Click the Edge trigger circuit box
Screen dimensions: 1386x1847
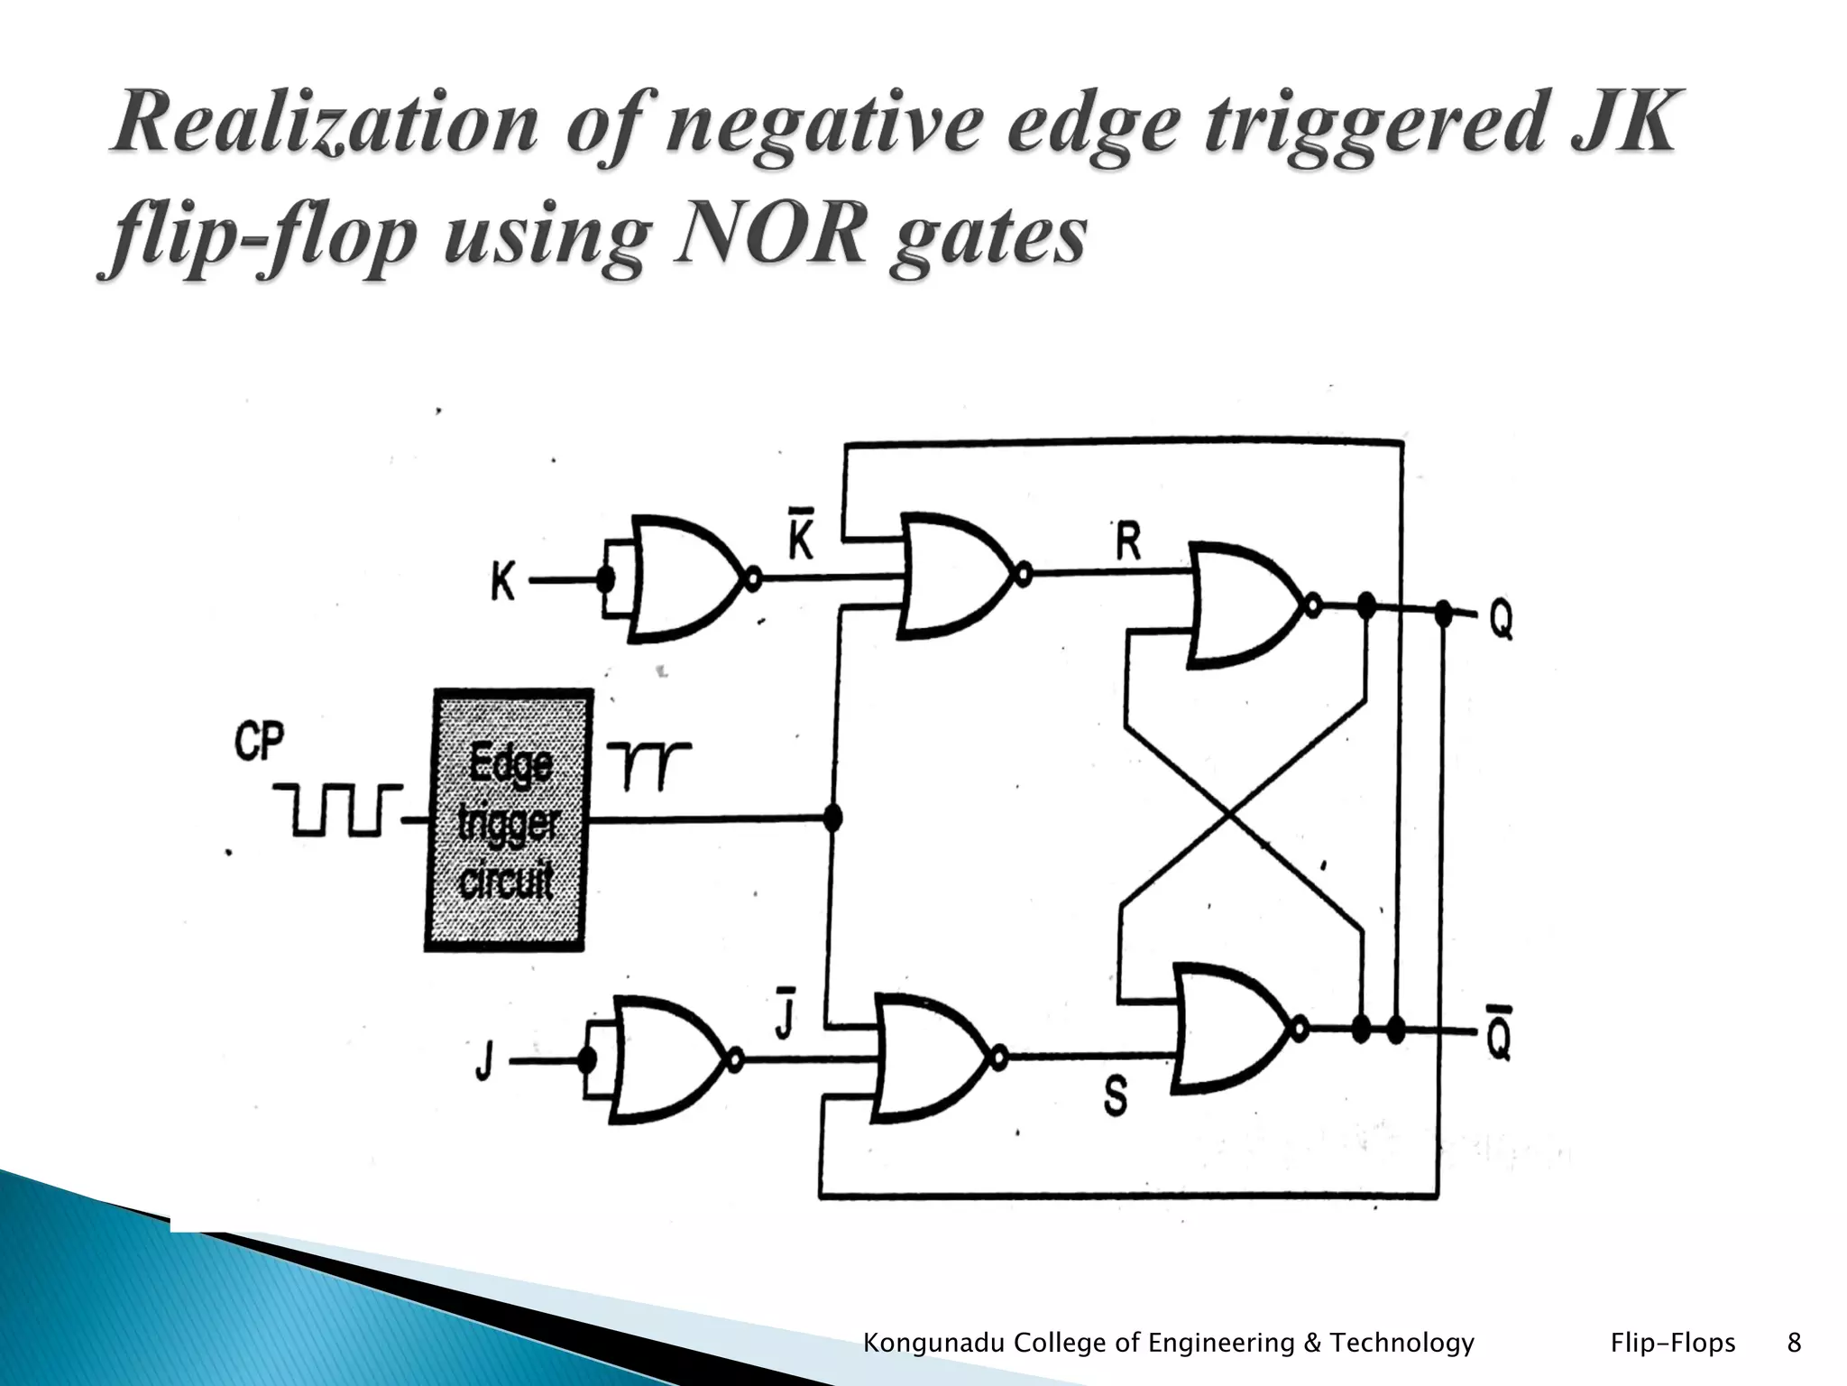coord(508,819)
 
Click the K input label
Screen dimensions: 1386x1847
coord(502,582)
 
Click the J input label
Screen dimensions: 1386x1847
coord(485,1062)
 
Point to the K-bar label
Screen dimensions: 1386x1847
coord(800,536)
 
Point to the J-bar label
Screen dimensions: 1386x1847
coord(785,1014)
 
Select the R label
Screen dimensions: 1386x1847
coord(1127,541)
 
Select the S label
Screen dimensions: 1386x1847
coord(1115,1097)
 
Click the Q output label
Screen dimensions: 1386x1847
coord(1501,620)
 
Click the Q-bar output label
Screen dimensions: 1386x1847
coord(1498,1038)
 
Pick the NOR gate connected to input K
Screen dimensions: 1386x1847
coord(685,579)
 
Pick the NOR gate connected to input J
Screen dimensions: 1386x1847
coord(667,1059)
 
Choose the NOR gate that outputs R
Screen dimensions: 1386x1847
coord(956,575)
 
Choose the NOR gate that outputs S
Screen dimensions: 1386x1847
coord(933,1058)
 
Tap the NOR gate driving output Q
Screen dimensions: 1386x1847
coord(1245,605)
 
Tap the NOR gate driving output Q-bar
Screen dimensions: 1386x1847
coord(1231,1028)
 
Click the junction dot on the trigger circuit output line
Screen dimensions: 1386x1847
coord(832,818)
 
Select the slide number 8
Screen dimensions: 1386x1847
coord(1794,1343)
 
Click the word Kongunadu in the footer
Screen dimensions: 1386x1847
coord(933,1343)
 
